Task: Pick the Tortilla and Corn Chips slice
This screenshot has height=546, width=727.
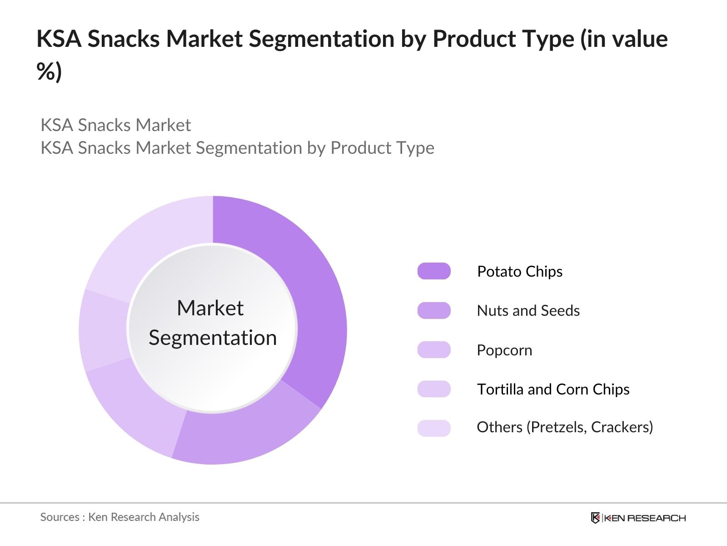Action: pos(104,330)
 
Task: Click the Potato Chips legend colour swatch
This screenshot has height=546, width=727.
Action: pos(434,271)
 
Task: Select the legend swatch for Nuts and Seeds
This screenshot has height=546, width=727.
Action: pos(434,310)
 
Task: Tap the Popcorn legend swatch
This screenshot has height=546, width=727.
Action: pos(434,350)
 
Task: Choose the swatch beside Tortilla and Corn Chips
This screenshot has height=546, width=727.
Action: pos(434,389)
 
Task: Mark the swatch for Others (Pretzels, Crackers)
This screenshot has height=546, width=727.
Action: pos(434,428)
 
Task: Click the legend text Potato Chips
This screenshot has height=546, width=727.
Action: pos(519,272)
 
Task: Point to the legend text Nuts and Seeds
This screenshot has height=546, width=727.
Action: pos(528,311)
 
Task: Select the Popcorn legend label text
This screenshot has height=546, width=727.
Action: pos(504,350)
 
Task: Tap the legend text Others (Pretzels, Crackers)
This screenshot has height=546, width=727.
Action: pos(565,427)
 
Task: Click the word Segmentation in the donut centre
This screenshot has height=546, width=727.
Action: pos(213,338)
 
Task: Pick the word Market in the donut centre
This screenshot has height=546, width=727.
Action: pos(210,308)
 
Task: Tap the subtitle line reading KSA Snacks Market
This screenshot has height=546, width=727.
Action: pos(116,125)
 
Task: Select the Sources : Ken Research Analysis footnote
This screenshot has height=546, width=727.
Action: pos(120,517)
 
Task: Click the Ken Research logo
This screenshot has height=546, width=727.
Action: pos(638,518)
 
